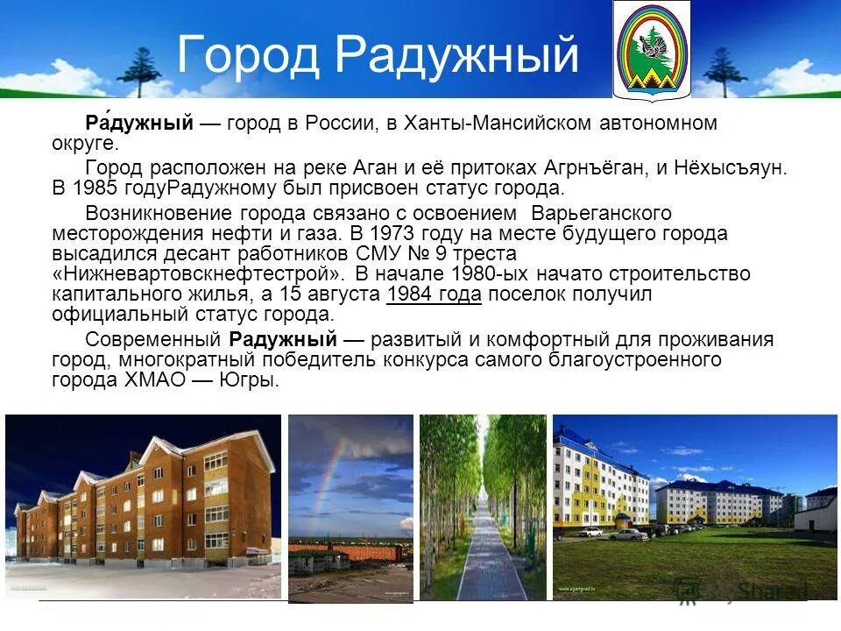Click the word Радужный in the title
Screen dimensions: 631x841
pos(457,56)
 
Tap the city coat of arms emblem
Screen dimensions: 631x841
pos(651,50)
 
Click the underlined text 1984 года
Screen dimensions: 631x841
pos(434,294)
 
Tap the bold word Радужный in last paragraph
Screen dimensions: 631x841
pos(283,340)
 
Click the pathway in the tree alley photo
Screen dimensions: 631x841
pos(481,561)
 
